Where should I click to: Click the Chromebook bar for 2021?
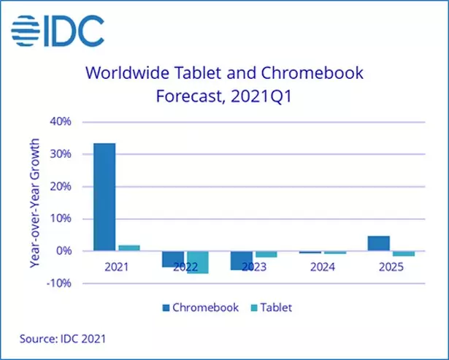(104, 196)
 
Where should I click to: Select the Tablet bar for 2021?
(128, 248)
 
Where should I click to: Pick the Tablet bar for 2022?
(197, 262)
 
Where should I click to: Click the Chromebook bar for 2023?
(242, 260)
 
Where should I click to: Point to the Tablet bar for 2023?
(266, 254)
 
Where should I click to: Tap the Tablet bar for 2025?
(403, 253)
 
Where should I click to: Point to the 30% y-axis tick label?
(61, 154)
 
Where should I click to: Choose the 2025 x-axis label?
(391, 267)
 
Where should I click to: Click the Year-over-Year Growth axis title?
(34, 202)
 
